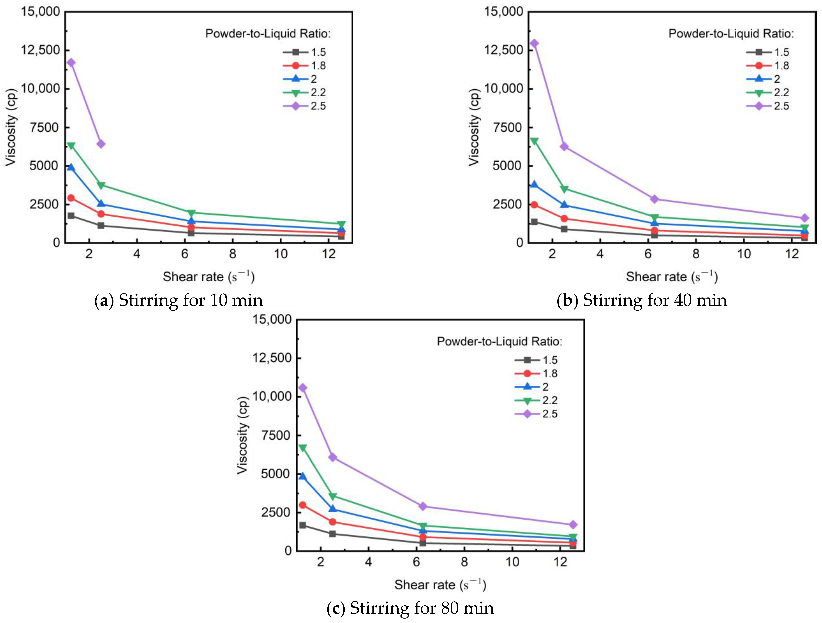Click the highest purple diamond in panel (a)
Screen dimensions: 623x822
(71, 62)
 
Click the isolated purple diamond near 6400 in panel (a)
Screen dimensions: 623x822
(101, 144)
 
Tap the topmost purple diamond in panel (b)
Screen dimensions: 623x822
(534, 43)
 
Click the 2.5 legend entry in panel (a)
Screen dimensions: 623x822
(305, 106)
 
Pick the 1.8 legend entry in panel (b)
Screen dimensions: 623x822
(768, 66)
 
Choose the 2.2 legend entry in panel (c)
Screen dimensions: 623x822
(536, 400)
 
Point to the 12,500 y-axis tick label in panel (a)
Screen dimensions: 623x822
(40, 50)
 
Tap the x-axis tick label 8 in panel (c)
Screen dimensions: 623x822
(464, 562)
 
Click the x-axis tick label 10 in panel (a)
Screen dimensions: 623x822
(281, 254)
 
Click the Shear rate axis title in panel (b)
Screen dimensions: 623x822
(672, 277)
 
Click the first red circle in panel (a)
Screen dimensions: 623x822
(71, 198)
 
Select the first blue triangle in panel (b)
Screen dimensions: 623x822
(534, 185)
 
